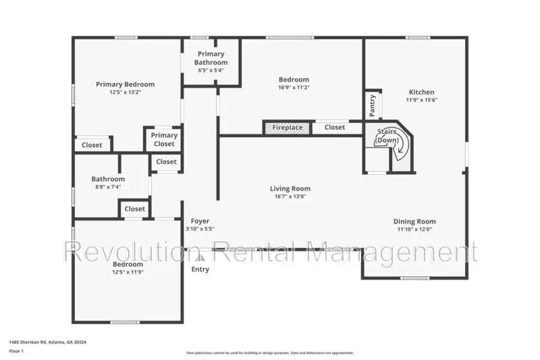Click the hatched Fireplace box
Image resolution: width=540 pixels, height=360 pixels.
coord(287,127)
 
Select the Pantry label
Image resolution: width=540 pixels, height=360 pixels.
coord(373,104)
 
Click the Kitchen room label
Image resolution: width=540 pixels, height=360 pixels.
coord(422,92)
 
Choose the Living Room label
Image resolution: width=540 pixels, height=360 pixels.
coord(290,188)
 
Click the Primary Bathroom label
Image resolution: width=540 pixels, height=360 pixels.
coord(211,58)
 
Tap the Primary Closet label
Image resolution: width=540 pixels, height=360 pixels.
coord(164,139)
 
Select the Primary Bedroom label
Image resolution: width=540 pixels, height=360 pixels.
coord(125,84)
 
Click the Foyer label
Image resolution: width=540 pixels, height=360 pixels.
coord(200,221)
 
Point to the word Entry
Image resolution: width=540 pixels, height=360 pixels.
coord(200,269)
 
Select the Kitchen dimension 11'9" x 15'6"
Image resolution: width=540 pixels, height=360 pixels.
coord(422,100)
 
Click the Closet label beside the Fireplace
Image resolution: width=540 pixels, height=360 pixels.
coord(335,127)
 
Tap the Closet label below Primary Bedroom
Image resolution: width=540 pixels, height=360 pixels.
coord(92,145)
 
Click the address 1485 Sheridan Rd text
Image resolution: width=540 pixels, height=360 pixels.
coord(47,342)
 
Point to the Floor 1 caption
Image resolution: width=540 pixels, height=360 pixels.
coord(16,351)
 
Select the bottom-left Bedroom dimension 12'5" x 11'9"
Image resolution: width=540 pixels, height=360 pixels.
coord(128,272)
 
